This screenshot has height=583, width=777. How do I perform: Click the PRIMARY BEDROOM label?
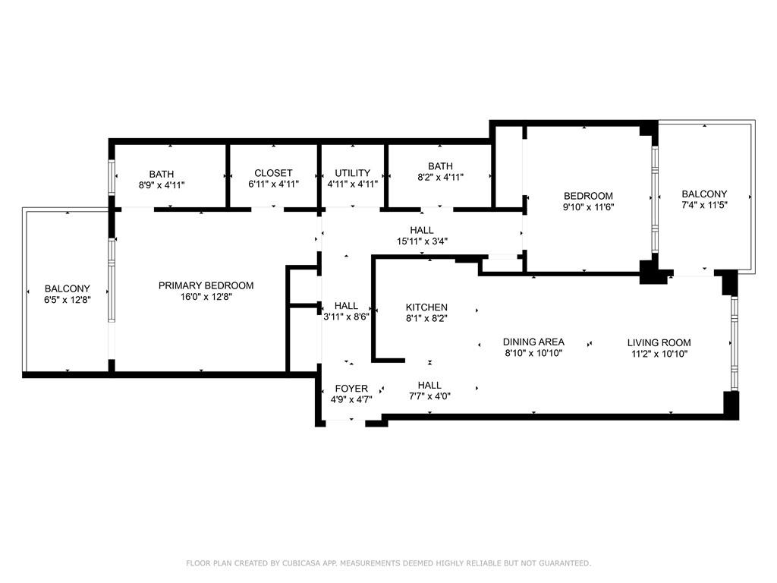tap(206, 285)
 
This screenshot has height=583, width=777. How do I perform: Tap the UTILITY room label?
tap(352, 173)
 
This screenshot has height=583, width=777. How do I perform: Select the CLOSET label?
tap(273, 173)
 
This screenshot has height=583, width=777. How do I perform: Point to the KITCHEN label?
tap(426, 307)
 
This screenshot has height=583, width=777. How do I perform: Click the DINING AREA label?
tap(533, 342)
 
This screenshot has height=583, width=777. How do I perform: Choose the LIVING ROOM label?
tap(659, 342)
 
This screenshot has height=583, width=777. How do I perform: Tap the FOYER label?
tap(351, 389)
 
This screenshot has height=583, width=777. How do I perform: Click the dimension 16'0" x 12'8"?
tap(206, 297)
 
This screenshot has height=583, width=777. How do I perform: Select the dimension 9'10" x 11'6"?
tap(588, 207)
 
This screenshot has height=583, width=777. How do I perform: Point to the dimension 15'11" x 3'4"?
tap(422, 241)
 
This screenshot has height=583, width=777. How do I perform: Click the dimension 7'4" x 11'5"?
tap(704, 205)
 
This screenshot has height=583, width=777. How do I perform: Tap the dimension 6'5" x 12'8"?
tap(68, 300)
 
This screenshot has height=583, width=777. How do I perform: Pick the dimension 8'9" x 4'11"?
tap(162, 185)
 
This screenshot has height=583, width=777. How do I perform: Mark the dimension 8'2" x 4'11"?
tap(440, 177)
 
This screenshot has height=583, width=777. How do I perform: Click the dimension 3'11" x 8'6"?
tap(346, 317)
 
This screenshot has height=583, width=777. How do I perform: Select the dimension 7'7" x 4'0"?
tap(429, 396)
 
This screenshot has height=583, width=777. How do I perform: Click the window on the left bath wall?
tap(112, 178)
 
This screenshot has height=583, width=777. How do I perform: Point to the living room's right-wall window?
tap(734, 343)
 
